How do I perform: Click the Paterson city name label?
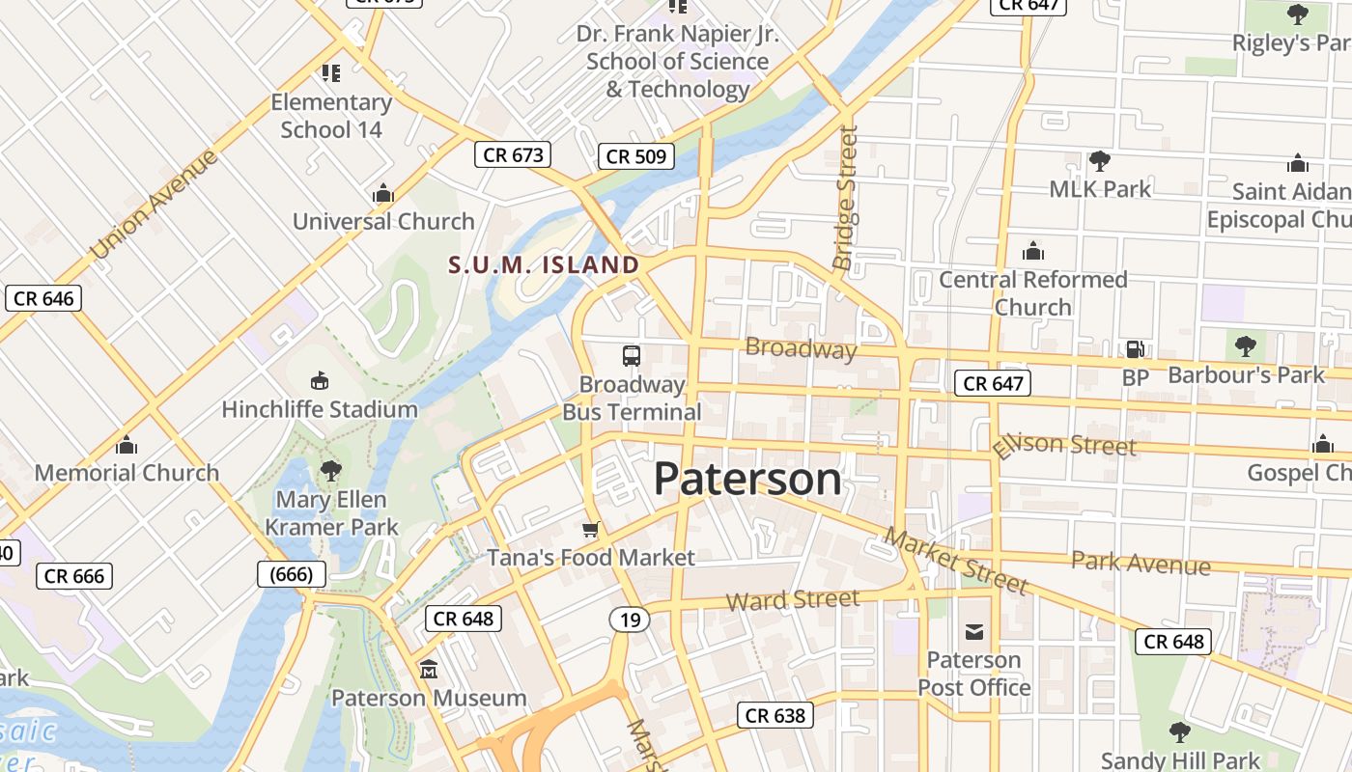[747, 480]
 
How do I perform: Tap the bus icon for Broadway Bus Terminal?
[632, 356]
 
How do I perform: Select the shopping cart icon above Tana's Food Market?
[591, 530]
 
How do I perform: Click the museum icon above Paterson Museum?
[429, 668]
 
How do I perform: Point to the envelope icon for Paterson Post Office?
[974, 632]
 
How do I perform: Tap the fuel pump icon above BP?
[1135, 349]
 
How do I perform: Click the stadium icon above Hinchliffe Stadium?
[320, 381]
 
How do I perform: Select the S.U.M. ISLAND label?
[544, 264]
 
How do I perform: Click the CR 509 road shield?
[636, 155]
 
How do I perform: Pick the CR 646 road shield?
[44, 298]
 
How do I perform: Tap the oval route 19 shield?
[630, 620]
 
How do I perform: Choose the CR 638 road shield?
[775, 715]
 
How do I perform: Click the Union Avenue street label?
[154, 204]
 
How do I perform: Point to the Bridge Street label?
[845, 199]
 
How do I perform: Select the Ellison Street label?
[1064, 445]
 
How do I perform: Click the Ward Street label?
[792, 600]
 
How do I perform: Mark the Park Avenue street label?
[1141, 563]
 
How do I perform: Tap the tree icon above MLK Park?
[1099, 160]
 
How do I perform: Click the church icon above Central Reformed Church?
[1033, 252]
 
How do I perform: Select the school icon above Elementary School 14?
[331, 72]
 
